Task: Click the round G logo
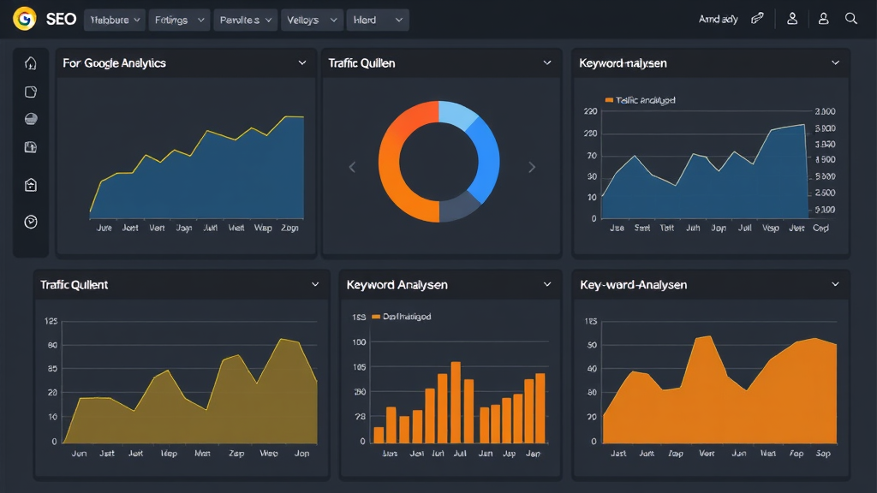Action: [x=25, y=19]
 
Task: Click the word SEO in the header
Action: [x=61, y=19]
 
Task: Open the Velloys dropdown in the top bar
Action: [x=310, y=20]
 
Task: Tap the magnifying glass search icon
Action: [x=850, y=19]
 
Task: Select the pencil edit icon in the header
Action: [x=757, y=19]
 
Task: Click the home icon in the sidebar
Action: [x=31, y=63]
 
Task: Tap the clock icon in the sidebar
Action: [x=31, y=222]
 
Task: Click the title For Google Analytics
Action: [x=114, y=63]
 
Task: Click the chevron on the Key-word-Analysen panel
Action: [x=835, y=284]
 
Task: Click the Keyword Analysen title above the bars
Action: [x=397, y=284]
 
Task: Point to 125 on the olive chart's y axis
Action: [x=51, y=322]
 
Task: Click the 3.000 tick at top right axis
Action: [x=825, y=111]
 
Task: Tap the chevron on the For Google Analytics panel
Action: [x=302, y=63]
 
